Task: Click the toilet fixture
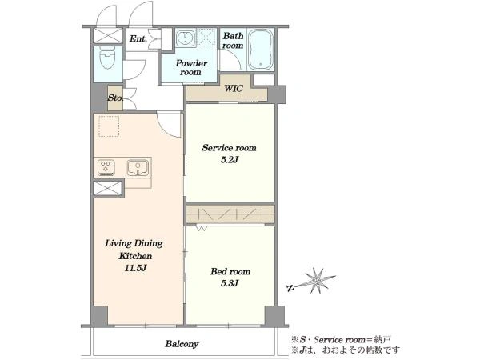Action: (107, 59)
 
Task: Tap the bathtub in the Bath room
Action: (260, 50)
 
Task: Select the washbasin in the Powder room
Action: (186, 38)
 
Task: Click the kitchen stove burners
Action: (106, 168)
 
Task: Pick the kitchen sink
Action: (138, 168)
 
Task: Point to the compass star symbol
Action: (318, 281)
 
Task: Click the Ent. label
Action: (138, 39)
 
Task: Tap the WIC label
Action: (234, 89)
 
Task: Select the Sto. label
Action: (115, 98)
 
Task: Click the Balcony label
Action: (182, 344)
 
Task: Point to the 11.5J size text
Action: (135, 269)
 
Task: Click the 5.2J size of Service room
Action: (230, 160)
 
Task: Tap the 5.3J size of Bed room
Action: (230, 283)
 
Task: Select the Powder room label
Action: (190, 68)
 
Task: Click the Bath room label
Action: (233, 41)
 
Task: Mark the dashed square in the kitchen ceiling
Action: (109, 126)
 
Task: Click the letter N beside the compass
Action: (290, 288)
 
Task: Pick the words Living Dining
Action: (134, 244)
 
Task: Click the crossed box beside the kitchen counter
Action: (107, 188)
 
